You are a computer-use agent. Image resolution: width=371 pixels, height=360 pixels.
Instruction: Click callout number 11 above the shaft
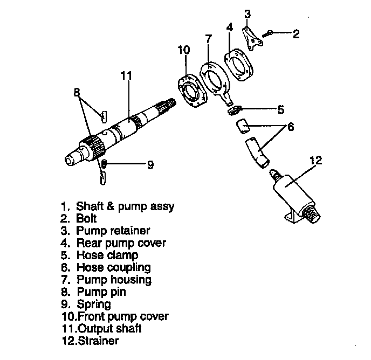coord(126,76)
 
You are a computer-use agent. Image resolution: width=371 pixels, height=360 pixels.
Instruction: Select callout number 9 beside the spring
coord(150,163)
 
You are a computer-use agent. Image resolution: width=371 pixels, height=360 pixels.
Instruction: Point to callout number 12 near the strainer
coord(317,160)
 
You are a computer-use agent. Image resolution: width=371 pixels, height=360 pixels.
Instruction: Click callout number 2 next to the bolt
coord(296,34)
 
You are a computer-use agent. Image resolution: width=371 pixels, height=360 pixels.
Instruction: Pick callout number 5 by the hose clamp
coord(280,110)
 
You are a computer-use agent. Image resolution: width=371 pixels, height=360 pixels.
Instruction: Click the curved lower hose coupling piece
coord(256,152)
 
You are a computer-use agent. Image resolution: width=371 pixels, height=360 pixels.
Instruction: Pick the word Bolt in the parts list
coord(86,218)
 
